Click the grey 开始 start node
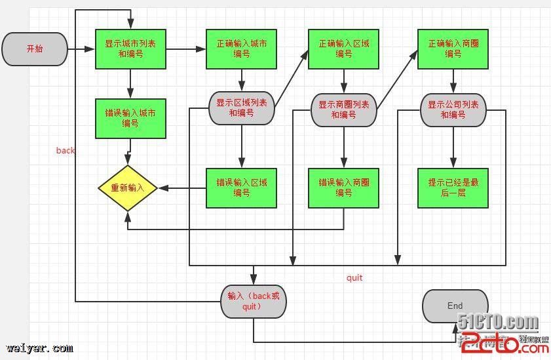pyautogui.click(x=35, y=49)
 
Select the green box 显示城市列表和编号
pyautogui.click(x=130, y=49)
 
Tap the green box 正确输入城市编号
pyautogui.click(x=241, y=49)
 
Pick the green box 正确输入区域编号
pyautogui.click(x=343, y=49)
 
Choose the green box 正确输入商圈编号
pyautogui.click(x=453, y=49)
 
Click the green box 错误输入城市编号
pyautogui.click(x=130, y=119)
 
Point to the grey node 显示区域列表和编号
pyautogui.click(x=241, y=108)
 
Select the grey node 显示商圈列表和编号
pyautogui.click(x=343, y=110)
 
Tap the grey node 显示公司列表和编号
pyautogui.click(x=453, y=110)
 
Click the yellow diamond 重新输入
pyautogui.click(x=127, y=188)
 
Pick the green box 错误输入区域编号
pyautogui.click(x=241, y=188)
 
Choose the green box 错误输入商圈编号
pyautogui.click(x=343, y=188)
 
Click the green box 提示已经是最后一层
pyautogui.click(x=453, y=188)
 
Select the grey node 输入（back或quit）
pyautogui.click(x=253, y=301)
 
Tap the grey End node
pyautogui.click(x=455, y=306)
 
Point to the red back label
pyautogui.click(x=66, y=151)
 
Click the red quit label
pyautogui.click(x=354, y=278)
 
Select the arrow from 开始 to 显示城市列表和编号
pyautogui.click(x=81, y=49)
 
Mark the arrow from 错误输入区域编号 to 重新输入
pyautogui.click(x=182, y=188)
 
